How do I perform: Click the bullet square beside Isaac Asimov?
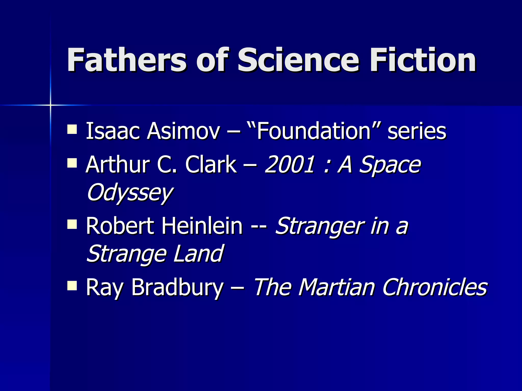pos(72,129)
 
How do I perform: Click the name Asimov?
pos(183,131)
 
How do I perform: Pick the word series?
pos(417,131)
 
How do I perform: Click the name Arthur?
pos(118,165)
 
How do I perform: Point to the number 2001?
pos(290,165)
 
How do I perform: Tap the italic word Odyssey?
pos(130,193)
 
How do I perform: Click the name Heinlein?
pos(202,226)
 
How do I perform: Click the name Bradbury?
pos(177,288)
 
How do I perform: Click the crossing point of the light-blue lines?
pos(50,105)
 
